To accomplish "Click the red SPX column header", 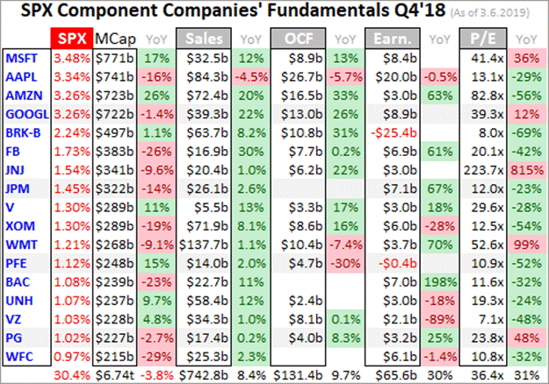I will point(70,40).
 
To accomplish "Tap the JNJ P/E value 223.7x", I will point(490,168).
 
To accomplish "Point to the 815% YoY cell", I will point(526,168).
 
